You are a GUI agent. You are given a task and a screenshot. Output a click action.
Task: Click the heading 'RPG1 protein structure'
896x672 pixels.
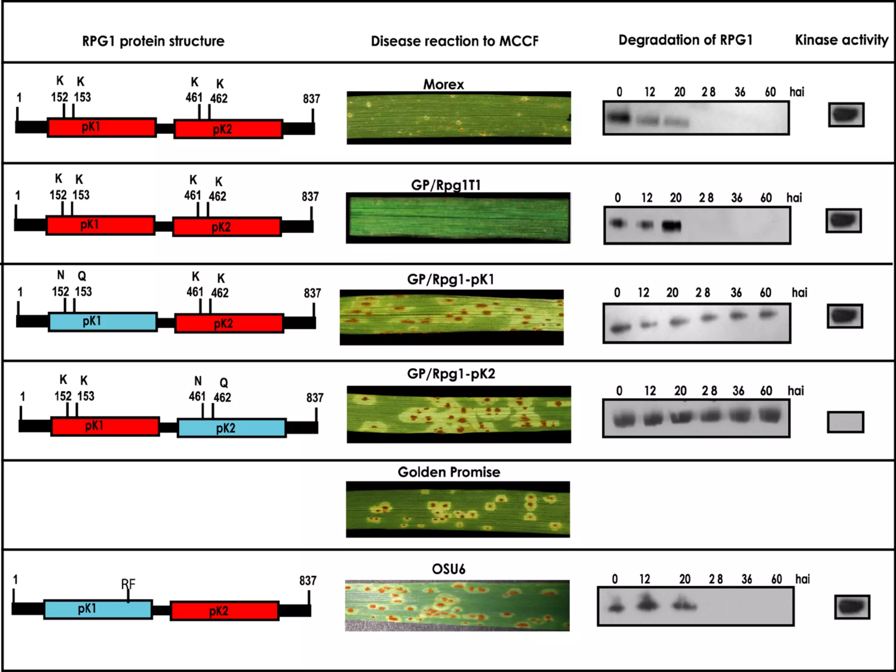coord(153,41)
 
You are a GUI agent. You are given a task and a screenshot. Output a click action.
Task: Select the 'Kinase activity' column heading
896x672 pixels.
coord(841,40)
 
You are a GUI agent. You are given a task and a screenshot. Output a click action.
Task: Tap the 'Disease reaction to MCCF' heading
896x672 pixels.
coord(455,41)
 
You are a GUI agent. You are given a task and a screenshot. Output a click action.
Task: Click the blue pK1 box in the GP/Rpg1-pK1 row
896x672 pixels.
coord(102,322)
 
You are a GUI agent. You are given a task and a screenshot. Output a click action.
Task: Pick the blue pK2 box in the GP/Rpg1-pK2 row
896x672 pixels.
coord(232,428)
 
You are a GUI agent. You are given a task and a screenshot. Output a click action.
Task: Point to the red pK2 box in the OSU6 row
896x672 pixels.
coord(224,611)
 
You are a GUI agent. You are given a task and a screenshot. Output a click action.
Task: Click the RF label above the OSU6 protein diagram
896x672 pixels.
coord(128,584)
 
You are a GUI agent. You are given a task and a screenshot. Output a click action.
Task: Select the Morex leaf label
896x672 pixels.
coord(443,84)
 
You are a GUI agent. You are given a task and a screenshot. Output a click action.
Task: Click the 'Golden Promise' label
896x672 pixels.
coord(449,472)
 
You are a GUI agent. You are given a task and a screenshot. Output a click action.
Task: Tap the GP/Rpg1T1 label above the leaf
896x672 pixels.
coord(446,185)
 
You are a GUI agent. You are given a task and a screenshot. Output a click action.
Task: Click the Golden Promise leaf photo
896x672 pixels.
coord(458,509)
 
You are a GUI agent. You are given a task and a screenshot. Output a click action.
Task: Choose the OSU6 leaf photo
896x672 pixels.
coord(457,605)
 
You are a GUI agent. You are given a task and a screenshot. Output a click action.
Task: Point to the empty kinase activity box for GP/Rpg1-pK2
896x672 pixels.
coord(845,422)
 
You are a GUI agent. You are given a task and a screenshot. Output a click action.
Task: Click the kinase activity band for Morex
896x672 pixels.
coord(846,115)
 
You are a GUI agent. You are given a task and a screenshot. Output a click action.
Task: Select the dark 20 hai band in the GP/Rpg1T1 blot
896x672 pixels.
coord(672,226)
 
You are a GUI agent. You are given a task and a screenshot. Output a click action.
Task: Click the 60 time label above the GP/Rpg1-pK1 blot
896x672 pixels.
coord(765,293)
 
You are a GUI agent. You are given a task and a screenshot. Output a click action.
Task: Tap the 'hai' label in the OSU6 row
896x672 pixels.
coord(802,579)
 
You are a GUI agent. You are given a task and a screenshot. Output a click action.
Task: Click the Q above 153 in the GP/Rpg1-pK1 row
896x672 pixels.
coord(82,276)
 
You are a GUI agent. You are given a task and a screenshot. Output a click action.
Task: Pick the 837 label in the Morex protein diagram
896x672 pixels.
coord(311,99)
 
